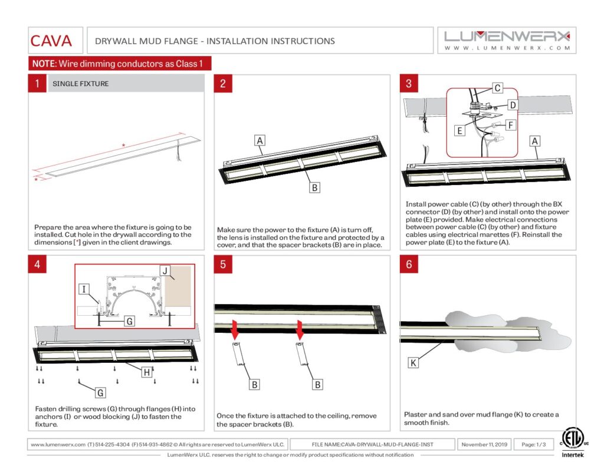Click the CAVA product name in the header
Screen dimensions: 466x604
coord(51,41)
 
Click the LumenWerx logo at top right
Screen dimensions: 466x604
coord(507,40)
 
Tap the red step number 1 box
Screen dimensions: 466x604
coord(37,84)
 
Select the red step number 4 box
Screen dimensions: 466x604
coord(37,264)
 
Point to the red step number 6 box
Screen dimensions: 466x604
coord(409,264)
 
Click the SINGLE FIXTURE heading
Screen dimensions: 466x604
coord(81,84)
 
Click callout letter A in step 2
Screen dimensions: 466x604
coord(259,140)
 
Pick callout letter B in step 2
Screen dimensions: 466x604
coord(315,188)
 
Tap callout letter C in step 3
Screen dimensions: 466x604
coord(497,88)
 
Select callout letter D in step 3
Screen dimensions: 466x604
coord(513,105)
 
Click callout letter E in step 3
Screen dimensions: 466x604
coord(459,131)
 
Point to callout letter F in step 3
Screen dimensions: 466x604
coord(511,125)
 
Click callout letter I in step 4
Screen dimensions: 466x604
coord(85,289)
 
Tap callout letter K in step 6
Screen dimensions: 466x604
coord(413,363)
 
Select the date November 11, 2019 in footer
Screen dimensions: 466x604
coord(484,444)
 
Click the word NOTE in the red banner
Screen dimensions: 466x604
coord(43,64)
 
